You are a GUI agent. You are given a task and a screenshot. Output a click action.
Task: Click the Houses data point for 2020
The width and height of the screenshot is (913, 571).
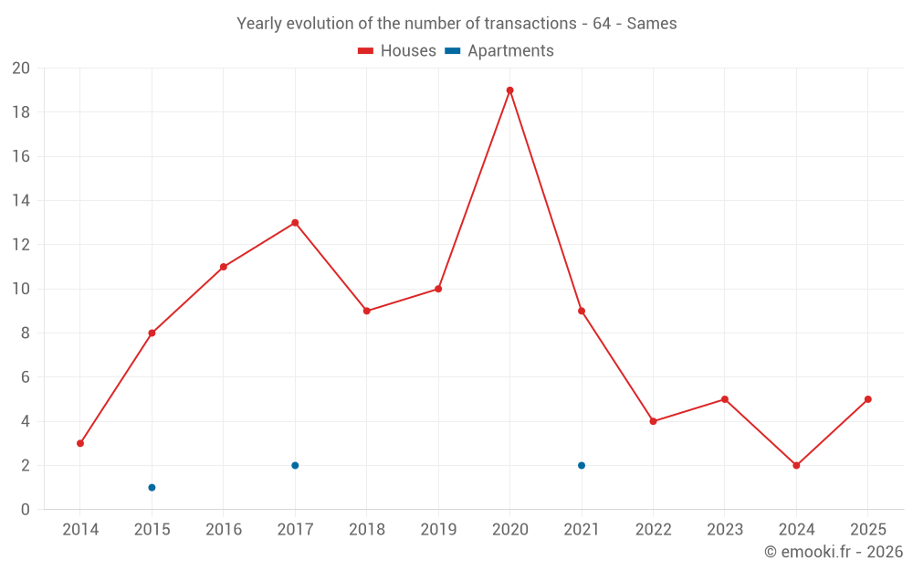[x=509, y=90]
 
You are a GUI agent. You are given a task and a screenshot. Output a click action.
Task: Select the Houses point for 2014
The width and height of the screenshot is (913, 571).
[x=80, y=443]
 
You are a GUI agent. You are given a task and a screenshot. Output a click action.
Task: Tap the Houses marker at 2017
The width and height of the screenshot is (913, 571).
[x=295, y=223]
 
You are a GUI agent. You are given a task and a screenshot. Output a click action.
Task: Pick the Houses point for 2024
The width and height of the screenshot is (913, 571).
[x=796, y=465]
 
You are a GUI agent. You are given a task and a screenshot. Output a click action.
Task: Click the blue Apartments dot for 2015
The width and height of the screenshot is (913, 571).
[x=152, y=487]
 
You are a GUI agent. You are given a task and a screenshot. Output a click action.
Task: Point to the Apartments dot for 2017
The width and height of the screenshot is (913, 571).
[x=295, y=465]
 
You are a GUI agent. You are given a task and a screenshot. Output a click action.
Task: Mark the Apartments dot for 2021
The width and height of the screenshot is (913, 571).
[x=582, y=465]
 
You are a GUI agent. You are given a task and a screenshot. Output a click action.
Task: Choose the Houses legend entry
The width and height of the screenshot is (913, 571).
[x=397, y=51]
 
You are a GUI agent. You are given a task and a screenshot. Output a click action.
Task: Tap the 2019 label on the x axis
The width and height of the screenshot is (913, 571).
[x=438, y=530]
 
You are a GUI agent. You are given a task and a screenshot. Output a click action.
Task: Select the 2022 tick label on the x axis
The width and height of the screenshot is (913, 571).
[x=653, y=530]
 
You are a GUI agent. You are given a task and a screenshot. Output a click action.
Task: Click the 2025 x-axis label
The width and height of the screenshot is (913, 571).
[x=867, y=530]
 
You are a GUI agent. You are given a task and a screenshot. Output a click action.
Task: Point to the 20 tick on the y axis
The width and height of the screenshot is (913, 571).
[x=21, y=69]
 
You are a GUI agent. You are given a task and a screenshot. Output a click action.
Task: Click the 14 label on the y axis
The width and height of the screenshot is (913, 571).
[x=21, y=201]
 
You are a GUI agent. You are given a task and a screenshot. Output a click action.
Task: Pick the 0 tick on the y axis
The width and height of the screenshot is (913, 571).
[x=26, y=510]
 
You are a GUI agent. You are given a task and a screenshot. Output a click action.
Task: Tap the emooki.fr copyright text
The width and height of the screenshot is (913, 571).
[x=834, y=552]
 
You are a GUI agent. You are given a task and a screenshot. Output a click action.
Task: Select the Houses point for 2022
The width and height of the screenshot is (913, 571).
[x=653, y=421]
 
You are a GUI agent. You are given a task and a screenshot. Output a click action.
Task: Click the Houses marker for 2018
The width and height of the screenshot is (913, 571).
[x=366, y=311]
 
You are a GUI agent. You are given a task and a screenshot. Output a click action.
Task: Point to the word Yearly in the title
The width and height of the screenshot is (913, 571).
[x=258, y=24]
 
